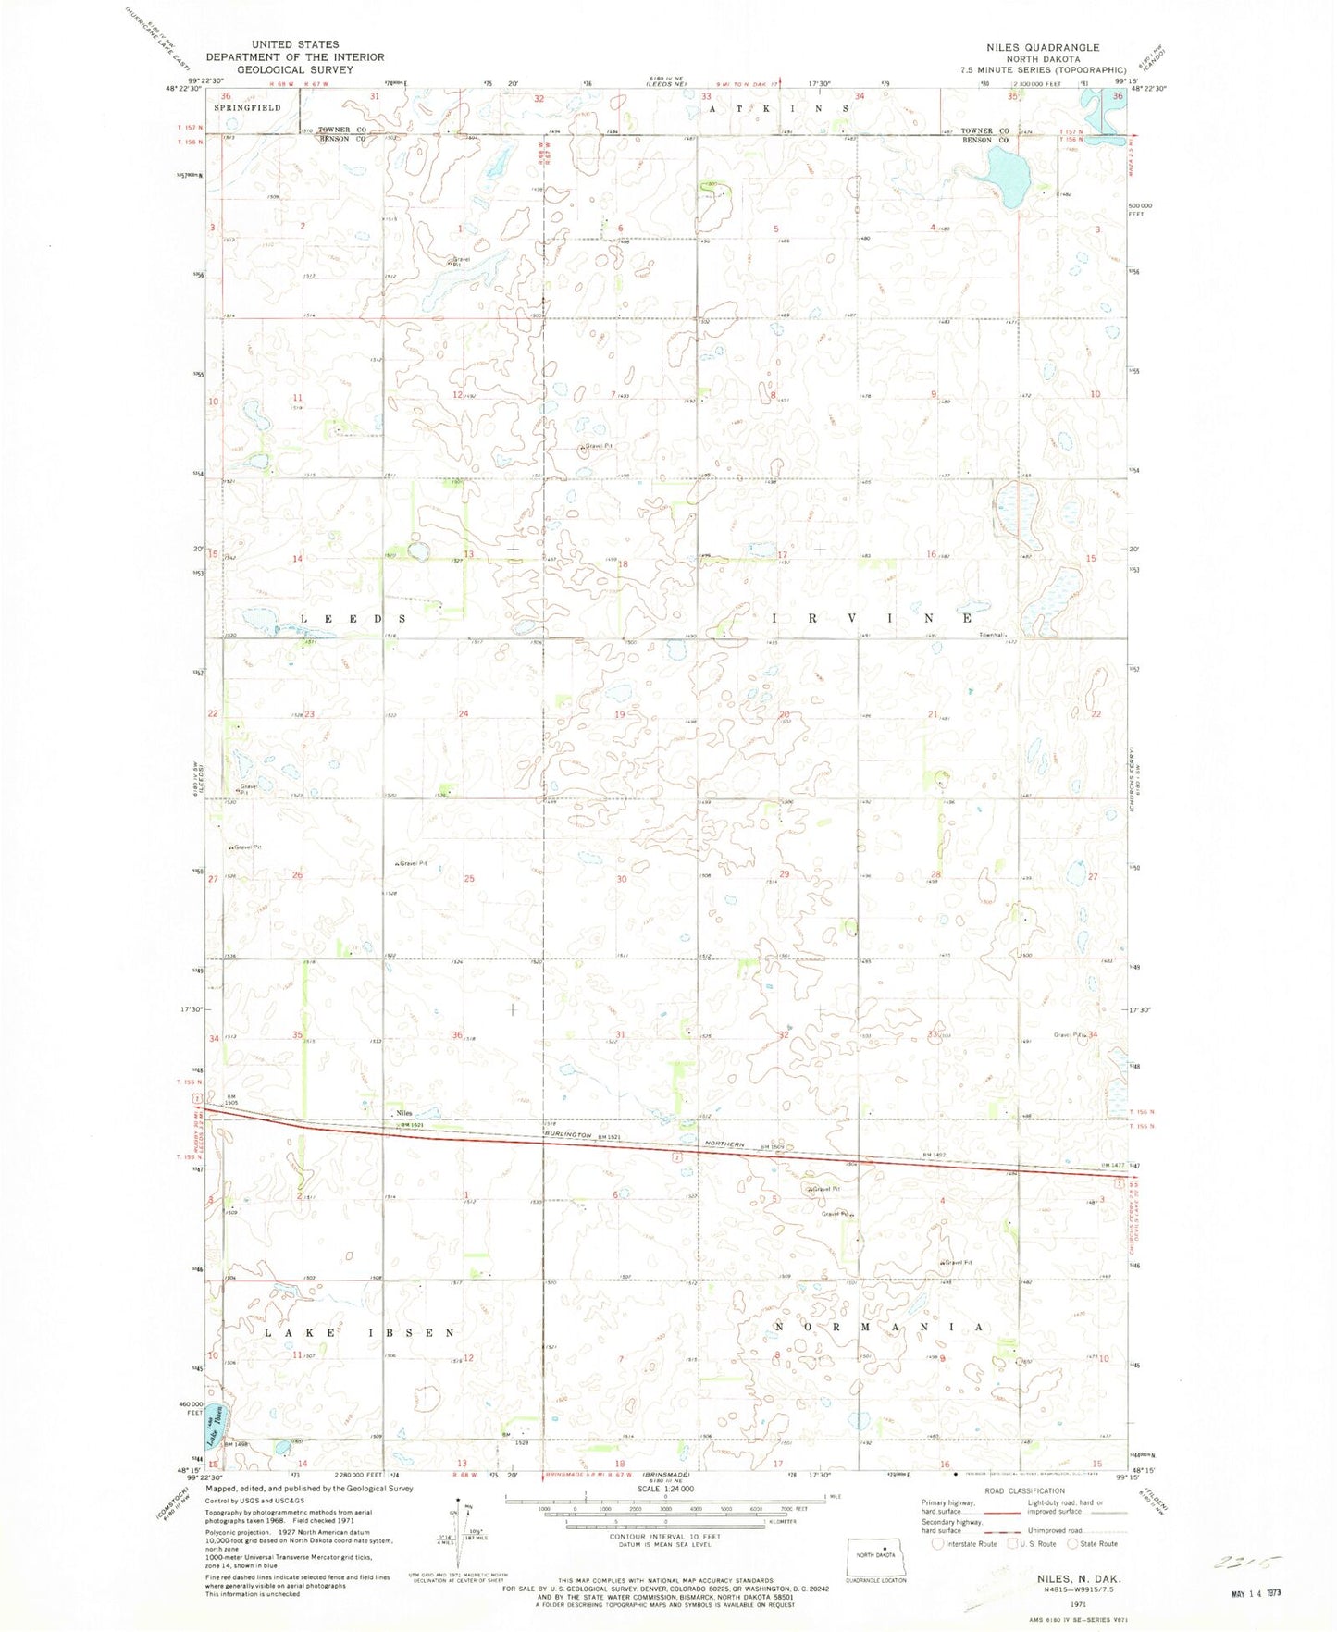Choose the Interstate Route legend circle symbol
(938, 1543)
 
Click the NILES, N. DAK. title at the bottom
(1068, 1577)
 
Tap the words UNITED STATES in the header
(294, 44)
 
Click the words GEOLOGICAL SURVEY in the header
(294, 69)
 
